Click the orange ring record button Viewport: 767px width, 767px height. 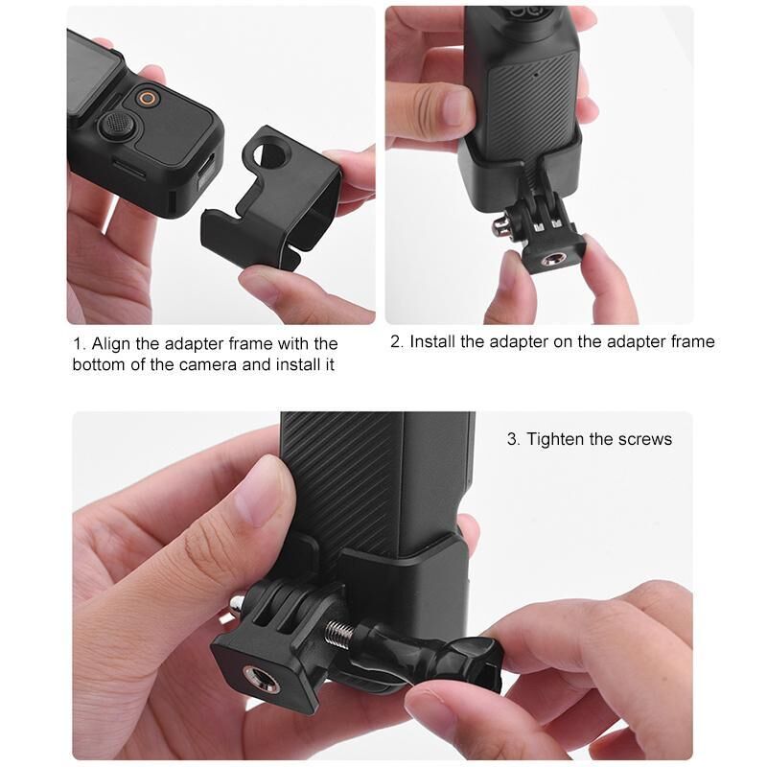pos(149,99)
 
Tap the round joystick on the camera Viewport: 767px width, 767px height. pos(117,126)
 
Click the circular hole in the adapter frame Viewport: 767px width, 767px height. pos(269,155)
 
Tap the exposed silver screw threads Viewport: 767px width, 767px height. pos(339,631)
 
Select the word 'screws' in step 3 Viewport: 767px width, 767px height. pos(645,440)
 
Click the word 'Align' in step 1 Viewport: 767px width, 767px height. pos(111,344)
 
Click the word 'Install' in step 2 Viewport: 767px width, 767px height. pos(433,341)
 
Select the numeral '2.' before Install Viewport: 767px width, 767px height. pos(397,341)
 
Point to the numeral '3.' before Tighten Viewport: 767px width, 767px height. pos(514,439)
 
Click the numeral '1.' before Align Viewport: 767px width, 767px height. pos(79,344)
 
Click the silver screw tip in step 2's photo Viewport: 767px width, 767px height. pos(499,226)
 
